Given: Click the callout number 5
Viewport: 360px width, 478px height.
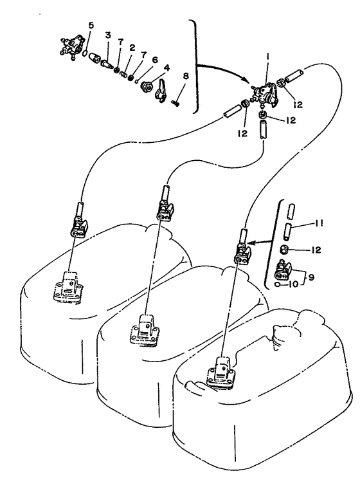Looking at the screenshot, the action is tap(91, 26).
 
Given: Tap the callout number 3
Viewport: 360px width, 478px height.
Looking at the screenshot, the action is tap(108, 35).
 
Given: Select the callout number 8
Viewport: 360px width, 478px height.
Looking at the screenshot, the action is tap(185, 76).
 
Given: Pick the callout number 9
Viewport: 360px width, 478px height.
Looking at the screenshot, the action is tap(311, 277).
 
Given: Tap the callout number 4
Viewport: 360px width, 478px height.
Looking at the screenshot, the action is tap(166, 67).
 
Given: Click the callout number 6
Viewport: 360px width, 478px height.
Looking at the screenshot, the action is tap(155, 60).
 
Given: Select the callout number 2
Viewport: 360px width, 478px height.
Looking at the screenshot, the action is tap(132, 48).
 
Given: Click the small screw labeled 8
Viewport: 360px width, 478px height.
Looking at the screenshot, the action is tap(175, 103).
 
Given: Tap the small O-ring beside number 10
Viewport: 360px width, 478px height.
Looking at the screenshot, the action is tap(278, 284).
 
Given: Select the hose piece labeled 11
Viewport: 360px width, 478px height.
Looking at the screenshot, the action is tap(288, 232).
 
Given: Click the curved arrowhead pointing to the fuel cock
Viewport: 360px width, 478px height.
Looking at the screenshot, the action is tap(246, 78).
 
